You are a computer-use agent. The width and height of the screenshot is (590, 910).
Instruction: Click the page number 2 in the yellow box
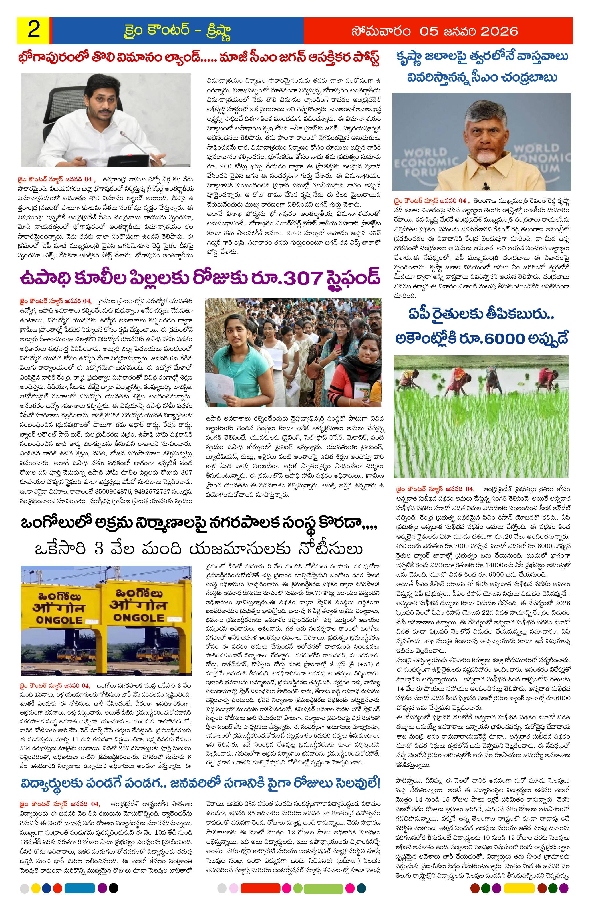(34, 31)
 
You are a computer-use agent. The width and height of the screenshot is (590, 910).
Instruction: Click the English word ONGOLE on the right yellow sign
(138, 616)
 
